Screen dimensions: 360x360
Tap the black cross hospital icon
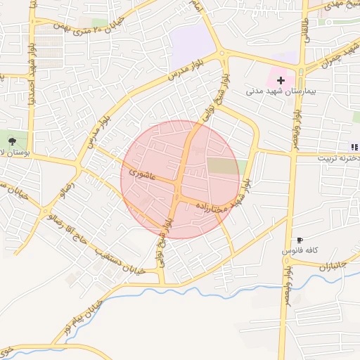281,81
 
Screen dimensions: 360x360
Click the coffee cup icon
301,240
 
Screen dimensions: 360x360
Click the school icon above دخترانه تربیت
354,146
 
